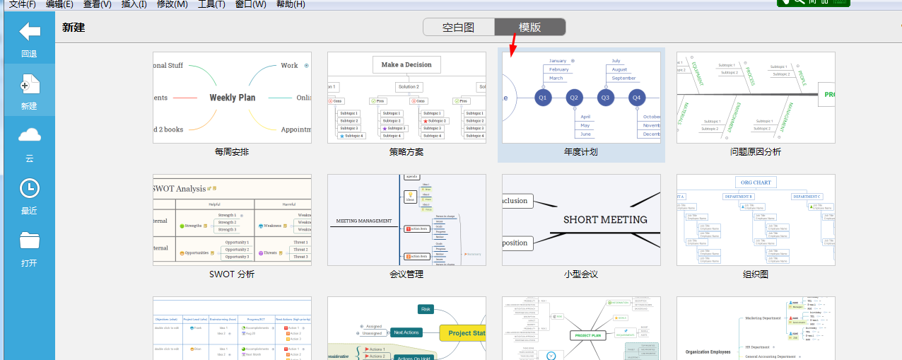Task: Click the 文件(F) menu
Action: (x=23, y=4)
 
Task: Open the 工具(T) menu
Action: (x=211, y=4)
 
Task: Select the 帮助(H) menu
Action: (x=291, y=4)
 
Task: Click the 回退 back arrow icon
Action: (x=29, y=32)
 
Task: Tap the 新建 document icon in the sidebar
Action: (x=29, y=84)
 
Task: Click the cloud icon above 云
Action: (x=29, y=135)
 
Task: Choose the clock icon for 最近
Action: (x=29, y=188)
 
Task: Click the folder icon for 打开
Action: (x=29, y=240)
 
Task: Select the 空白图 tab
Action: (x=458, y=28)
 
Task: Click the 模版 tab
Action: (x=529, y=28)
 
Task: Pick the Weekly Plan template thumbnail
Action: (x=232, y=98)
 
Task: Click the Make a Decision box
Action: (x=406, y=65)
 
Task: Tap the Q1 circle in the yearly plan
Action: (x=543, y=98)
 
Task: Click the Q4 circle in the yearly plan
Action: (x=636, y=98)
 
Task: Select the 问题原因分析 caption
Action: (x=756, y=152)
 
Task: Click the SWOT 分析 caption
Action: (x=232, y=274)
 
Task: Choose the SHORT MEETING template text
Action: (x=605, y=220)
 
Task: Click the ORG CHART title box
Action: (x=755, y=182)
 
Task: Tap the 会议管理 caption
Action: (x=406, y=274)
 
